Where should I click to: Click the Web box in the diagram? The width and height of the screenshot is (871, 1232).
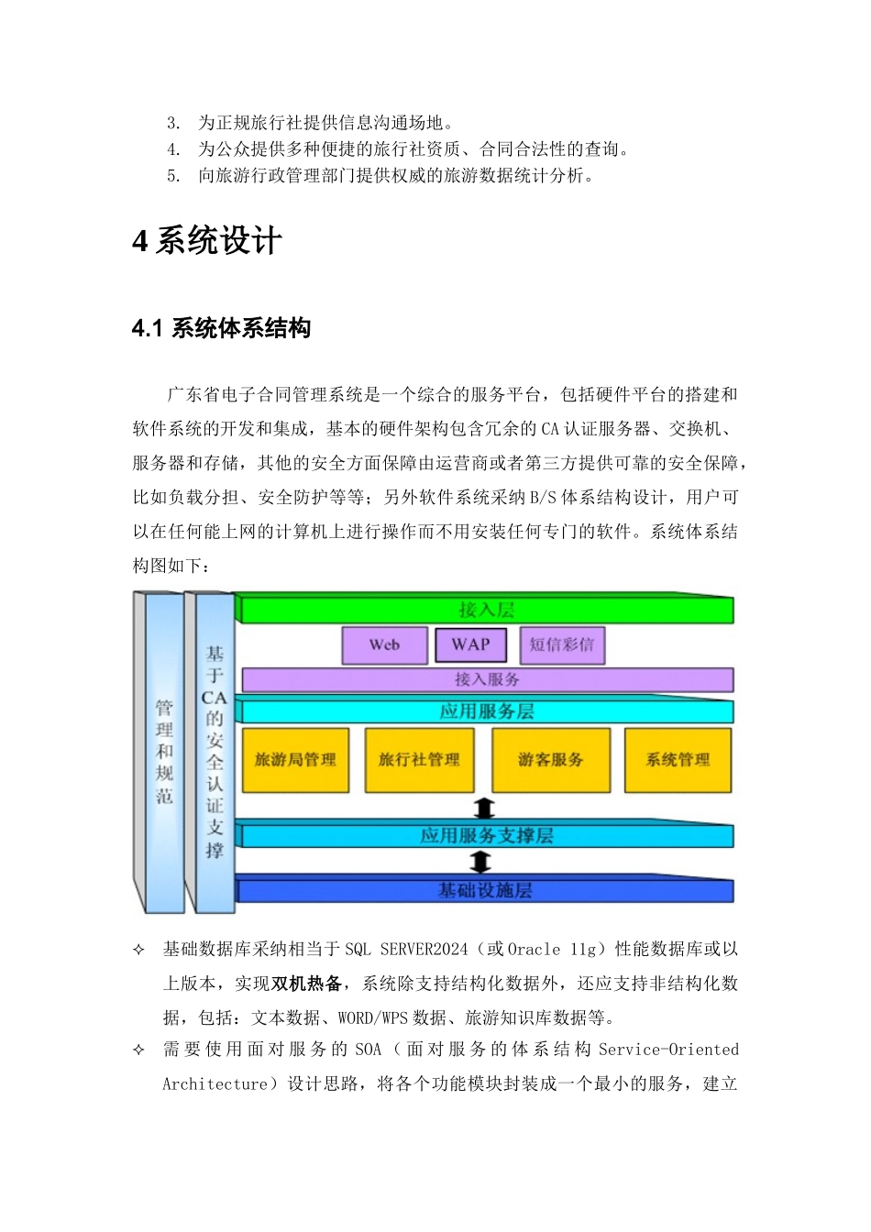coord(384,645)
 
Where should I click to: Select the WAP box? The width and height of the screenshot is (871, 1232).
coord(470,644)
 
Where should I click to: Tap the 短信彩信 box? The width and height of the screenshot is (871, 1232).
coord(562,645)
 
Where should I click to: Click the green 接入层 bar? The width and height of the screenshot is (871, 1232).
coord(486,610)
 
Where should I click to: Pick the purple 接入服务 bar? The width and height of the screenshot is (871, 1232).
coord(487,679)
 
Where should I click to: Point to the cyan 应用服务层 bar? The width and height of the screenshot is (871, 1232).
coord(486,711)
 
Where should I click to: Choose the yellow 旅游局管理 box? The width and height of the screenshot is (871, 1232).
coord(295,760)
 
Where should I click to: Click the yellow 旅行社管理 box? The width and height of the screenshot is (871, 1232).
coord(419,760)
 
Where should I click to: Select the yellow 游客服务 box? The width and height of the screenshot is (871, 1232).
coord(550,760)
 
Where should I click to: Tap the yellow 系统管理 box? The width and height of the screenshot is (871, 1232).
coord(678,760)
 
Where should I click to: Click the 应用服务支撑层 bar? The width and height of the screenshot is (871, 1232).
coord(486,836)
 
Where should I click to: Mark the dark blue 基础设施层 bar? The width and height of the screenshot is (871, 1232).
coord(485,890)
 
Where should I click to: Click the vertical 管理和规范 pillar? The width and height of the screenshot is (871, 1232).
coord(164,752)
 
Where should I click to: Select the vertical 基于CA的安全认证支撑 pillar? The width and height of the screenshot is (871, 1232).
coord(215,752)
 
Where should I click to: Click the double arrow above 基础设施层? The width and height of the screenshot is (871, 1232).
coord(480,862)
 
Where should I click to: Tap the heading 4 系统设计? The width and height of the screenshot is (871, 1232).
coord(207,241)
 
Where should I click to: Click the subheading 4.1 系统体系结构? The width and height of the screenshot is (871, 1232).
coord(222,328)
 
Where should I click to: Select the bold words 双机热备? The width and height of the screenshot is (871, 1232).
coord(306,984)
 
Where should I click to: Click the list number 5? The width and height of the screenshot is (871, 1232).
coord(173,176)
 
